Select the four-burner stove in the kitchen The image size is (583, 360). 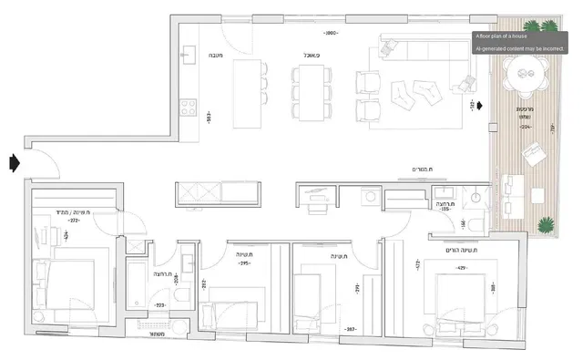[190, 108]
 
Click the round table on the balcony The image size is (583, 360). [526, 69]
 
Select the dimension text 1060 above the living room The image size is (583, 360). [332, 33]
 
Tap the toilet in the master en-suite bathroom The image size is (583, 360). [477, 195]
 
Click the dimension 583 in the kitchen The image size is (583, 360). [209, 118]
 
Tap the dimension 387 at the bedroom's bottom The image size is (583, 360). [349, 328]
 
